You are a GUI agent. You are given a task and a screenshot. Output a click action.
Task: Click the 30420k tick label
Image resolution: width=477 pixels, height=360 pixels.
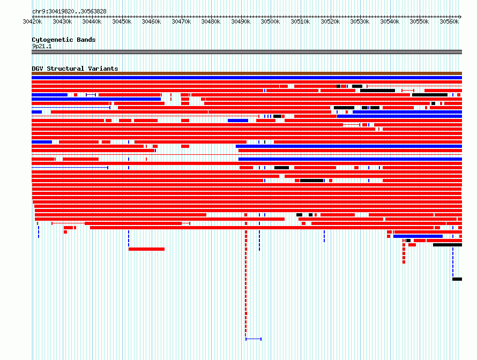coord(32,21)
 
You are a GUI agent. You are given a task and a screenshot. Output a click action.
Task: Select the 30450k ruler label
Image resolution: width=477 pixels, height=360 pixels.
coord(122,21)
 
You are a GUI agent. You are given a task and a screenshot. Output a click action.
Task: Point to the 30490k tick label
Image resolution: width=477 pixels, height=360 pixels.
coord(241,21)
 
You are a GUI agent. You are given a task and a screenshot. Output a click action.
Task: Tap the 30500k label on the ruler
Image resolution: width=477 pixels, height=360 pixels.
coord(270,21)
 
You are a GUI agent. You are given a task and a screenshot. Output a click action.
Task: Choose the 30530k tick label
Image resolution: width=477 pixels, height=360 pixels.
coord(360,21)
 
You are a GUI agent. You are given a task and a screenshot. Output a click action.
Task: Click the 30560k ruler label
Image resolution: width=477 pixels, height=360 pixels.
coord(449,21)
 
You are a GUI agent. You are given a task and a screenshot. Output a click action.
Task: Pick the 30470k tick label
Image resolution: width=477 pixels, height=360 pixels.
coord(181,21)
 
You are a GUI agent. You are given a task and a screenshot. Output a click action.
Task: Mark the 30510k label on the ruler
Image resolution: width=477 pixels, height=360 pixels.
coord(300,21)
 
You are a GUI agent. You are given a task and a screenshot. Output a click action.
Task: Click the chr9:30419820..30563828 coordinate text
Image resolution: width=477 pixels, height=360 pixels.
coord(69,12)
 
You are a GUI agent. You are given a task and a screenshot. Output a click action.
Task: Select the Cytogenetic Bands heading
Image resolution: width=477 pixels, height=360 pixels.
coord(64,40)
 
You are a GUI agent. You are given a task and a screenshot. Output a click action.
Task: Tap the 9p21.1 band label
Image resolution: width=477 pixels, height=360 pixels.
coord(42,46)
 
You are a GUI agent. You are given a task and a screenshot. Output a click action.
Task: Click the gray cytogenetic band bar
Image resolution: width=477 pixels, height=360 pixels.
coord(247,52)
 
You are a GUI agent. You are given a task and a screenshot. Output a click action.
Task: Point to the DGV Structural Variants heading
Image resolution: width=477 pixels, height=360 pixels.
coord(75,69)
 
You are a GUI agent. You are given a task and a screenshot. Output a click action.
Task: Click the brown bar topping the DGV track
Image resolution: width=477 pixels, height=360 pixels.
coord(247,73)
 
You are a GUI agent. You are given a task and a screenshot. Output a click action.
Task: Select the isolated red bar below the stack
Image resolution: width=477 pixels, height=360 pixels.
coord(147,249)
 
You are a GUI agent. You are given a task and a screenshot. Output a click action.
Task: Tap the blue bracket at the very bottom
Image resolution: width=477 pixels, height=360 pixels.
coord(254,339)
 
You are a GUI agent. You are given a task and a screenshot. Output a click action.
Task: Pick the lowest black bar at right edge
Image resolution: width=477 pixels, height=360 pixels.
coord(457,279)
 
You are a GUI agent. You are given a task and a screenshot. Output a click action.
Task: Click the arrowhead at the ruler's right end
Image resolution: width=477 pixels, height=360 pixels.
coord(460,17)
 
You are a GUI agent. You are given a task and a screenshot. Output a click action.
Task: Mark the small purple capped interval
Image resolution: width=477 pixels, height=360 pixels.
coord(91,95)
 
